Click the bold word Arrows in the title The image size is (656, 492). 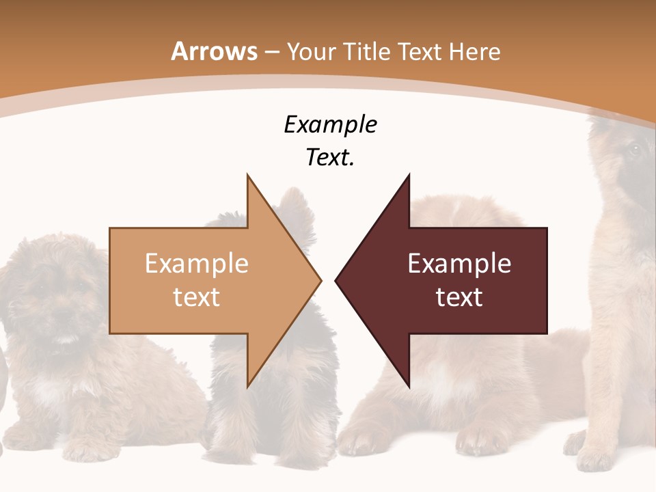tap(214, 51)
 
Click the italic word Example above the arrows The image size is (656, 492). tap(330, 124)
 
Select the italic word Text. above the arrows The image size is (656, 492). tap(330, 157)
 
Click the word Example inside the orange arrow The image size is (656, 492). tap(197, 263)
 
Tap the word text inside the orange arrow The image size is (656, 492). tap(197, 297)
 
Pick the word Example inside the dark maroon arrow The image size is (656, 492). tap(459, 263)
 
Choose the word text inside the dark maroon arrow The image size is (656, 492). tap(459, 297)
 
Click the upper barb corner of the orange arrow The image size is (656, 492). tap(247, 176)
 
